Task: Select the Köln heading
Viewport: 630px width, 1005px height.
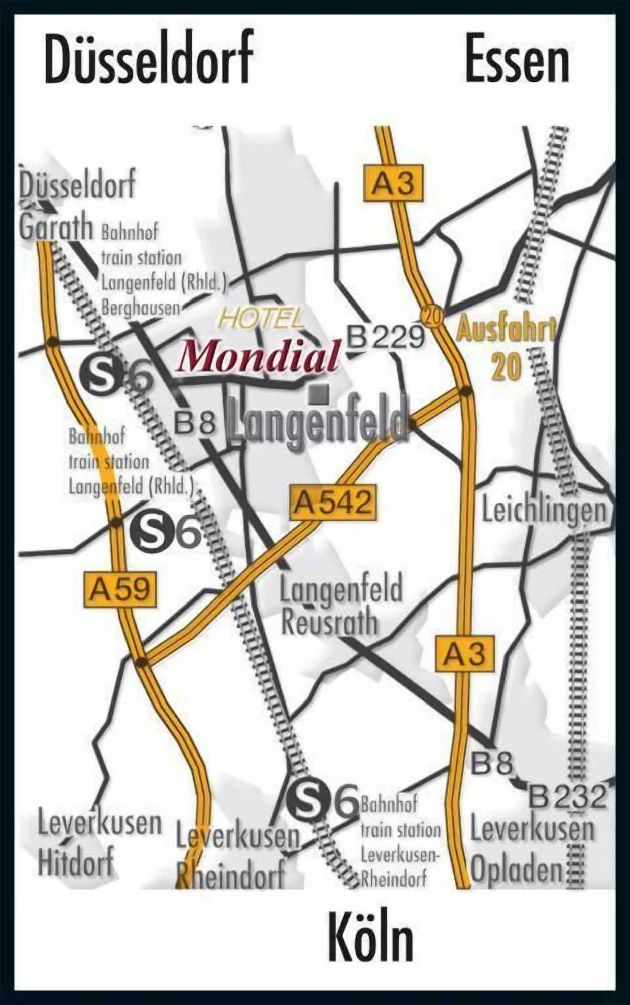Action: point(371,938)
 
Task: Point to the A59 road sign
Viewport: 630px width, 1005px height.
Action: point(119,588)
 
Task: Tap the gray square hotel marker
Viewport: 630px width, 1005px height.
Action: point(319,394)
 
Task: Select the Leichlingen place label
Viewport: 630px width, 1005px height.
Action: point(544,510)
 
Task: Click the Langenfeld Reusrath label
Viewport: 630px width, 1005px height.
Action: point(341,606)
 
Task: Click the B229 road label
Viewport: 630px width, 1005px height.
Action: point(386,337)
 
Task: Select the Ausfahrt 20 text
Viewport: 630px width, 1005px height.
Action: point(507,347)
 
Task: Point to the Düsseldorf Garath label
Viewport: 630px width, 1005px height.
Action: point(76,206)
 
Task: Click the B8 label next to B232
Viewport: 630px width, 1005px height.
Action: point(491,764)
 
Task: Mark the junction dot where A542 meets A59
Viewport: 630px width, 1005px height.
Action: point(142,662)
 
